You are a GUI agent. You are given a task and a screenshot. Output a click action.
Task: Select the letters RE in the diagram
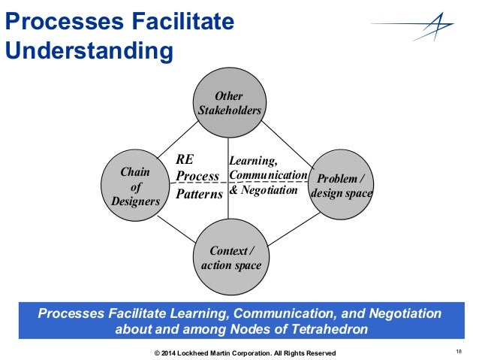tap(185, 159)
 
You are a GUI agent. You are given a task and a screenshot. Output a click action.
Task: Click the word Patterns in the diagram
tap(199, 194)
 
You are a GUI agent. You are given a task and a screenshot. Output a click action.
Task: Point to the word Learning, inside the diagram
tap(253, 160)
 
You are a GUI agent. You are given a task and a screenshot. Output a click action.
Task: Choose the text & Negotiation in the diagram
tap(264, 190)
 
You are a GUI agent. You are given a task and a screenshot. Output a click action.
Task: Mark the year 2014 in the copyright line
tap(169, 353)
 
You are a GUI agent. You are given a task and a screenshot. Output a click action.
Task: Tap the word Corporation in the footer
tap(257, 353)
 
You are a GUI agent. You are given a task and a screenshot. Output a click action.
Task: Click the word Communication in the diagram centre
tap(268, 175)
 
